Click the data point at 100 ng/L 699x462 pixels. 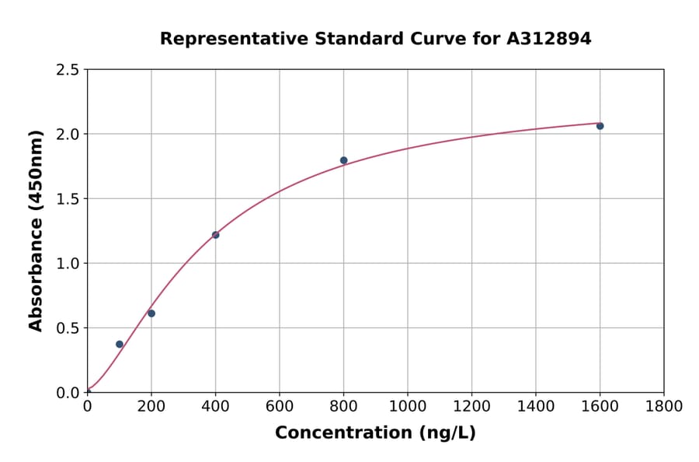[x=120, y=344]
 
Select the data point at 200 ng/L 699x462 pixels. [x=151, y=313]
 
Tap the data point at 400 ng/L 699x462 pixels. [x=215, y=235]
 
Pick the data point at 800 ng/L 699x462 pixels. [x=343, y=160]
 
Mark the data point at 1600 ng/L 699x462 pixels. [x=600, y=126]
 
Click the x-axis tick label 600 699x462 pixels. [x=280, y=406]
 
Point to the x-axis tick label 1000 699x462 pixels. [x=408, y=406]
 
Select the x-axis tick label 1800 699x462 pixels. [x=664, y=406]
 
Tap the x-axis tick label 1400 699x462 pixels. [x=536, y=406]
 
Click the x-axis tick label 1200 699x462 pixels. [x=471, y=406]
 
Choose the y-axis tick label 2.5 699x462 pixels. [x=68, y=70]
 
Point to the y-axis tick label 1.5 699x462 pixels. [x=68, y=199]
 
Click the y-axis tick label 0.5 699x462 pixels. [x=68, y=328]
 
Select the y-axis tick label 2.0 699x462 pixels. [x=68, y=135]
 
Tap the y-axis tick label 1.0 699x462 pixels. [x=68, y=264]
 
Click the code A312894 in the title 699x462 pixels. [x=549, y=38]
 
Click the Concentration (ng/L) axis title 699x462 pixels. [x=375, y=432]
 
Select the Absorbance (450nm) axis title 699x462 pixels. [x=36, y=230]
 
